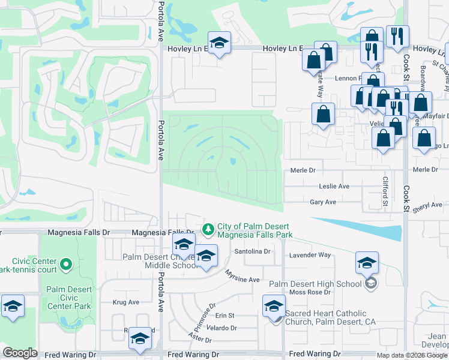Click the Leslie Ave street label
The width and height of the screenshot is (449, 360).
(334, 187)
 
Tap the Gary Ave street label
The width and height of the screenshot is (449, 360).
(322, 202)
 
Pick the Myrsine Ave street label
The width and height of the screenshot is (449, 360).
(243, 280)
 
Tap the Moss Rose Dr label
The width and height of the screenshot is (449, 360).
(310, 292)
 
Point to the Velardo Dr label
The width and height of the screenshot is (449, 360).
(221, 328)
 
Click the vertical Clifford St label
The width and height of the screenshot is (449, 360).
(385, 190)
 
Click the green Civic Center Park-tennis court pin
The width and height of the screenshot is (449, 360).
(66, 263)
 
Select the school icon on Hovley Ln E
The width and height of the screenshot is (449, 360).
(219, 43)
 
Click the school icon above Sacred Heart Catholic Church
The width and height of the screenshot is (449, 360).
(274, 307)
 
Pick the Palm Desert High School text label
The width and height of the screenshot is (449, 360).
(316, 284)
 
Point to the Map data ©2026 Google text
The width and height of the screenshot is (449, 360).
(412, 355)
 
